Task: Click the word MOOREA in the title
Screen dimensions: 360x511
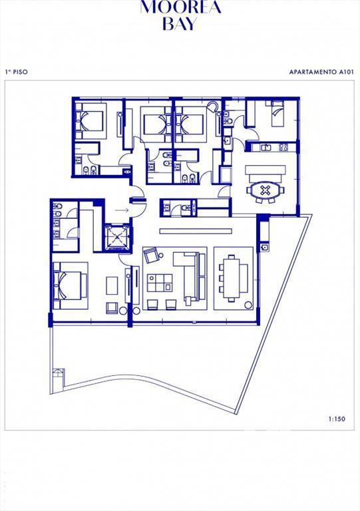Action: point(180,7)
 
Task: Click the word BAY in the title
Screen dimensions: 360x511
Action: point(180,25)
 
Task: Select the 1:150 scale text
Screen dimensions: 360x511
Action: point(337,419)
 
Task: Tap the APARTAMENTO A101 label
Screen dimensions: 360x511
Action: point(321,72)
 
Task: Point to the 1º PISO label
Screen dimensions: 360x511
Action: point(16,72)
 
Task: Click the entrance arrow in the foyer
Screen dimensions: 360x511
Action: point(122,210)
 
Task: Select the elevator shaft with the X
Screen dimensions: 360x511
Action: point(116,238)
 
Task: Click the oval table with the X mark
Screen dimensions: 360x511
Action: point(266,190)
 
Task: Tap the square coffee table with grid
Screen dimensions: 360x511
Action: point(159,283)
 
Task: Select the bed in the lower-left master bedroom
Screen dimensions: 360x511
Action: point(71,285)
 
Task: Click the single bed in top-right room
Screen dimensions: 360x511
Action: point(279,114)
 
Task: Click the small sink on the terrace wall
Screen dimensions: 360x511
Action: point(265,247)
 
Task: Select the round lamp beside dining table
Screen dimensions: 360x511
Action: point(248,305)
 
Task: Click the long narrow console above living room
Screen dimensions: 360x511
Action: point(196,231)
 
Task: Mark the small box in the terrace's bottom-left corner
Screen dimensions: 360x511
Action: point(59,377)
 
